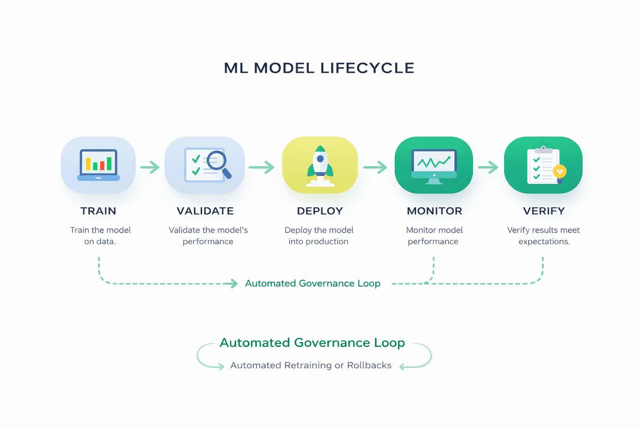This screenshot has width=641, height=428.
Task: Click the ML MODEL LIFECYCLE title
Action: (x=319, y=68)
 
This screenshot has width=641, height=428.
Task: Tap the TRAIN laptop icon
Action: (x=98, y=165)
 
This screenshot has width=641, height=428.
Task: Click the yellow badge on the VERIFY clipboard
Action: (x=559, y=171)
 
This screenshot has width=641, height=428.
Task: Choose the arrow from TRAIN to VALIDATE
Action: (x=150, y=168)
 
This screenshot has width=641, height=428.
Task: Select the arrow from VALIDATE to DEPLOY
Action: (x=262, y=168)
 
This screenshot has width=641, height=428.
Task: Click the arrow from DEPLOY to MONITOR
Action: (x=376, y=168)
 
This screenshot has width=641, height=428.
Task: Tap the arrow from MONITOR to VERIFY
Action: (x=488, y=168)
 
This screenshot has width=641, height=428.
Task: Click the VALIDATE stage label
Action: (x=205, y=211)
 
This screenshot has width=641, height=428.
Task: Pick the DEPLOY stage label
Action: (x=320, y=211)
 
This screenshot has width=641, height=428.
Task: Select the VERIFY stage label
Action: (x=544, y=211)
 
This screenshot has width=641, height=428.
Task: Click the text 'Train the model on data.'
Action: (x=100, y=236)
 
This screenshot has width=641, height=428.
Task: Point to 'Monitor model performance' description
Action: (x=434, y=236)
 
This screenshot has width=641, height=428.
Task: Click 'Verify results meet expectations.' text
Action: (x=543, y=236)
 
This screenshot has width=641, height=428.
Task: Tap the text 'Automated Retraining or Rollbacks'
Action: (x=311, y=365)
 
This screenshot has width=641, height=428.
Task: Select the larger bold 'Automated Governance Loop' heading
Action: (x=312, y=343)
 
